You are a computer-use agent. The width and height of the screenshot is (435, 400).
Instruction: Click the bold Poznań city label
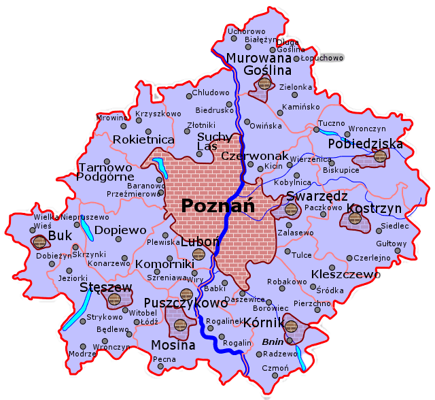pos(217,205)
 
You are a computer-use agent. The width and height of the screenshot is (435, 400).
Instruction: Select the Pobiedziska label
pos(364,144)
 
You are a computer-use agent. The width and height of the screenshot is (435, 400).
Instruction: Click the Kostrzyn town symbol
pos(355,219)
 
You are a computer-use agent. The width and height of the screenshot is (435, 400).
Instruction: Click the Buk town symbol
pos(39,242)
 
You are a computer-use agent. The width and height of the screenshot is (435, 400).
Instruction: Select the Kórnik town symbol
pos(291,327)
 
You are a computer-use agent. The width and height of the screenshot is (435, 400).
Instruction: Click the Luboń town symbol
pos(198,254)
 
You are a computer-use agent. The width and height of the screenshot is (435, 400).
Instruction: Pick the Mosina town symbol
pos(179,324)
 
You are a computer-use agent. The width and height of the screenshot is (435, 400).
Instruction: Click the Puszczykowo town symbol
pos(186,294)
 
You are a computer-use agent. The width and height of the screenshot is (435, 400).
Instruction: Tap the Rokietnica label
pos(143,139)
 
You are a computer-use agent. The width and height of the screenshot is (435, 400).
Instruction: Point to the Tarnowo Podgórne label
pos(105,172)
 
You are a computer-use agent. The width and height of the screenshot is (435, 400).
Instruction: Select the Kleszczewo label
pos(345,274)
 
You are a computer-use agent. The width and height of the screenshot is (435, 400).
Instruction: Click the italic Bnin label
pos(272,342)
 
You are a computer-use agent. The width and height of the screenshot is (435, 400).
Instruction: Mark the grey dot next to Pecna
pos(161,367)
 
